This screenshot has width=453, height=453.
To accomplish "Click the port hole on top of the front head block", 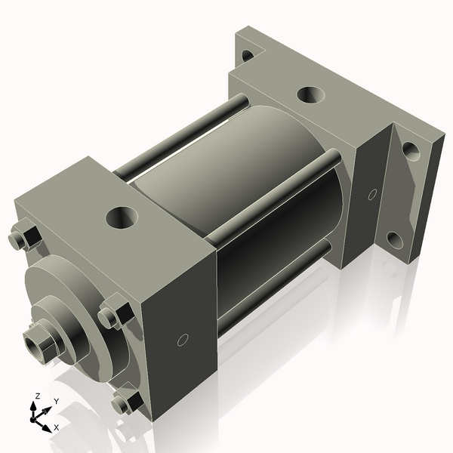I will pos(121,218).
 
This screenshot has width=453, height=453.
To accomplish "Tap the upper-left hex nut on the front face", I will pos(25,237).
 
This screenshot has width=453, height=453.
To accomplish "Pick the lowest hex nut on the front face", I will pos(125,402).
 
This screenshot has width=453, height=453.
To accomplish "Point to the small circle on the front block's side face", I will pos(181,340).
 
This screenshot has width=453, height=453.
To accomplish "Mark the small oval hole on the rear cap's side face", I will pos(371,195).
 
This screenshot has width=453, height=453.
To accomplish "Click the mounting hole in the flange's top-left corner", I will pos(247,55).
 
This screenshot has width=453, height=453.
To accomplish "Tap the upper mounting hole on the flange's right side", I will pos(410,149).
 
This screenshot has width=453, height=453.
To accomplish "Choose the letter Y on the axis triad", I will pos(56,401).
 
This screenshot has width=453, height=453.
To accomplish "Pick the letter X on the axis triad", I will pos(56,427).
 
